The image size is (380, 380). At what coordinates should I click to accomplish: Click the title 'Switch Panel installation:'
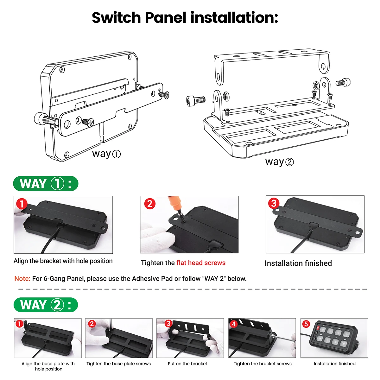pos(185,18)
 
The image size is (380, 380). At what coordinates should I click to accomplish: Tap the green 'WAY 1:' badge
pos(46,184)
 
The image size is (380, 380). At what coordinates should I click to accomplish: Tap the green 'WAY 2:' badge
pos(46,305)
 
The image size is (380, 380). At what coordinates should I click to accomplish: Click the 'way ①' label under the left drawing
pos(106,154)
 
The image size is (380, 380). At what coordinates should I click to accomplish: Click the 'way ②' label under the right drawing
pos(279,162)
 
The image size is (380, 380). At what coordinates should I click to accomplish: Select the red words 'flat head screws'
pos(201,263)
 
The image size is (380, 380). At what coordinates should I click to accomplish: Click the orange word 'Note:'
pos(22,278)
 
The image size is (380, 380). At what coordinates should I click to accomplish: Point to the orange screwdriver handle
pos(174,203)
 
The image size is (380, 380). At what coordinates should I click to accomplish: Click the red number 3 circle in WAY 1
pos(274,203)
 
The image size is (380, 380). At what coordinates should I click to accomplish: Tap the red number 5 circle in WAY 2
pos(306,324)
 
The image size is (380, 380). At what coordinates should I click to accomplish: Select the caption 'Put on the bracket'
pos(187,364)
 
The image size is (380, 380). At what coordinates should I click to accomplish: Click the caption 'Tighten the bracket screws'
pos(263,364)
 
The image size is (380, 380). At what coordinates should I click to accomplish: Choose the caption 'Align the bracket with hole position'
pos(63,261)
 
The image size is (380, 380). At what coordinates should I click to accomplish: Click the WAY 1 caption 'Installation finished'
pos(298,263)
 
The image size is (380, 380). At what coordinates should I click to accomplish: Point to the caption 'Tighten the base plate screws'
pos(118,364)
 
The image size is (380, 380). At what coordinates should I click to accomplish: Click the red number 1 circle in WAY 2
pos(19,324)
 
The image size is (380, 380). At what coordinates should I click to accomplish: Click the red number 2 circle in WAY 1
pos(150,204)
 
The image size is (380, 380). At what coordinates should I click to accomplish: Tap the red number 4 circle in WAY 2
pos(234,324)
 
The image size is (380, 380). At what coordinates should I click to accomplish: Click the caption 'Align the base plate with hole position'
pos(48,366)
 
